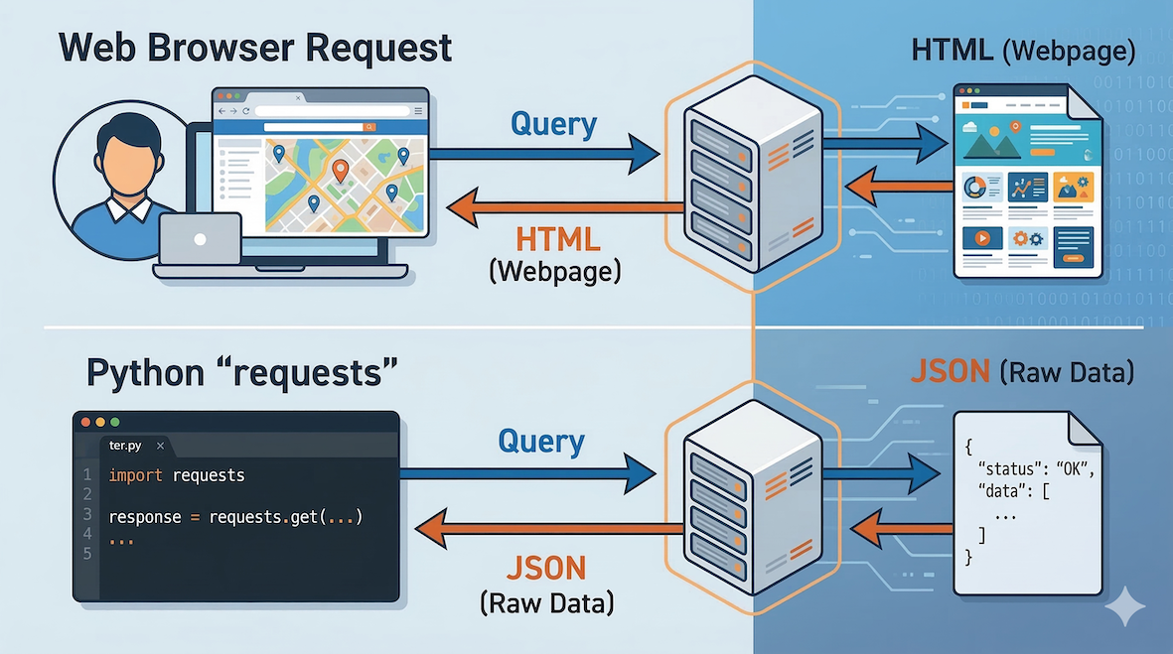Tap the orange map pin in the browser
click(341, 172)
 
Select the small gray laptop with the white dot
click(200, 239)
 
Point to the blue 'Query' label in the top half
click(553, 124)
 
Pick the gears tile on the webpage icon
click(1028, 238)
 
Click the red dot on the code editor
click(85, 422)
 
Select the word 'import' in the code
click(136, 475)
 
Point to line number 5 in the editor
click(87, 553)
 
